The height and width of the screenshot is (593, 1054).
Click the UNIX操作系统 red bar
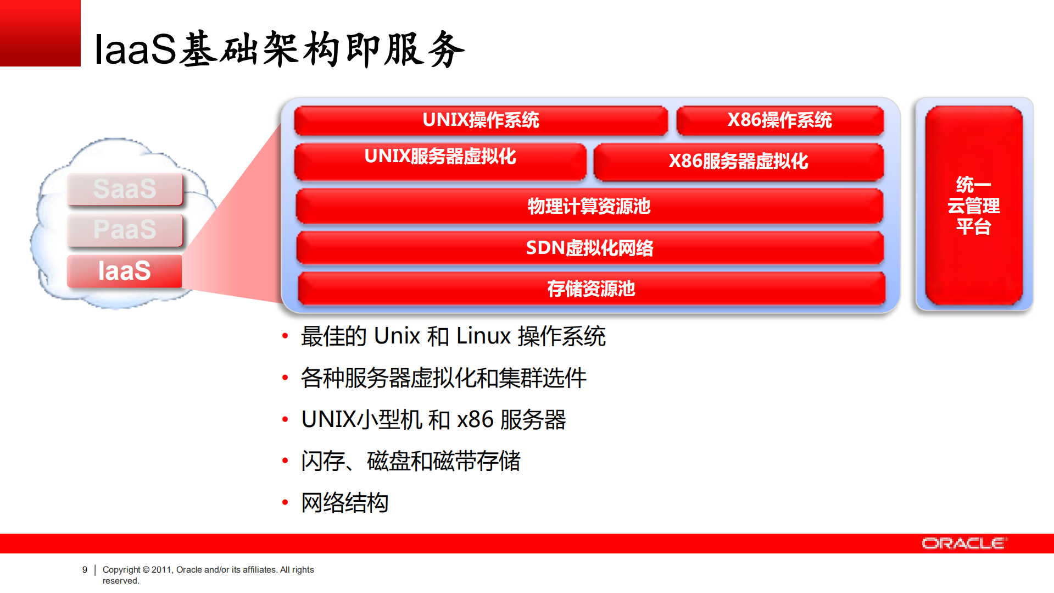click(481, 120)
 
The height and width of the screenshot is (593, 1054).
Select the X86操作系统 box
click(779, 120)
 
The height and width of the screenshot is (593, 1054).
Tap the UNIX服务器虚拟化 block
click(440, 161)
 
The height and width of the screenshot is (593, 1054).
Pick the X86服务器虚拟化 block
click(738, 162)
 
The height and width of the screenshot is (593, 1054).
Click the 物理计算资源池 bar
click(589, 206)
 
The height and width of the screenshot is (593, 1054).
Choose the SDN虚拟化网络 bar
click(589, 248)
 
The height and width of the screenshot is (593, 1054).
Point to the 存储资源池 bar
click(591, 289)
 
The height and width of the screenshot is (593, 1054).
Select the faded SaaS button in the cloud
click(125, 189)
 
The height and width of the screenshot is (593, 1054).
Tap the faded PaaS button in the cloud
click(125, 230)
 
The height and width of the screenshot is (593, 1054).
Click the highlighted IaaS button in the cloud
click(125, 271)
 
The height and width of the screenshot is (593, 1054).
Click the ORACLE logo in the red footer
click(964, 544)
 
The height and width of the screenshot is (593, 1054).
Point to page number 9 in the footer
click(85, 570)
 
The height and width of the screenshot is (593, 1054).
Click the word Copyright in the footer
click(121, 570)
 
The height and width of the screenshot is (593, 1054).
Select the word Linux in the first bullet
click(483, 336)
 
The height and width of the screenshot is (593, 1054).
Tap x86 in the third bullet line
click(475, 420)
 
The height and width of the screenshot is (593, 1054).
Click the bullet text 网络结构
click(344, 503)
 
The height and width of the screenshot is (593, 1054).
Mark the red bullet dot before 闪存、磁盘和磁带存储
click(285, 461)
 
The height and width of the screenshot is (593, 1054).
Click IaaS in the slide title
click(135, 49)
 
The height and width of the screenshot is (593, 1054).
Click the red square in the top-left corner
click(40, 33)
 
